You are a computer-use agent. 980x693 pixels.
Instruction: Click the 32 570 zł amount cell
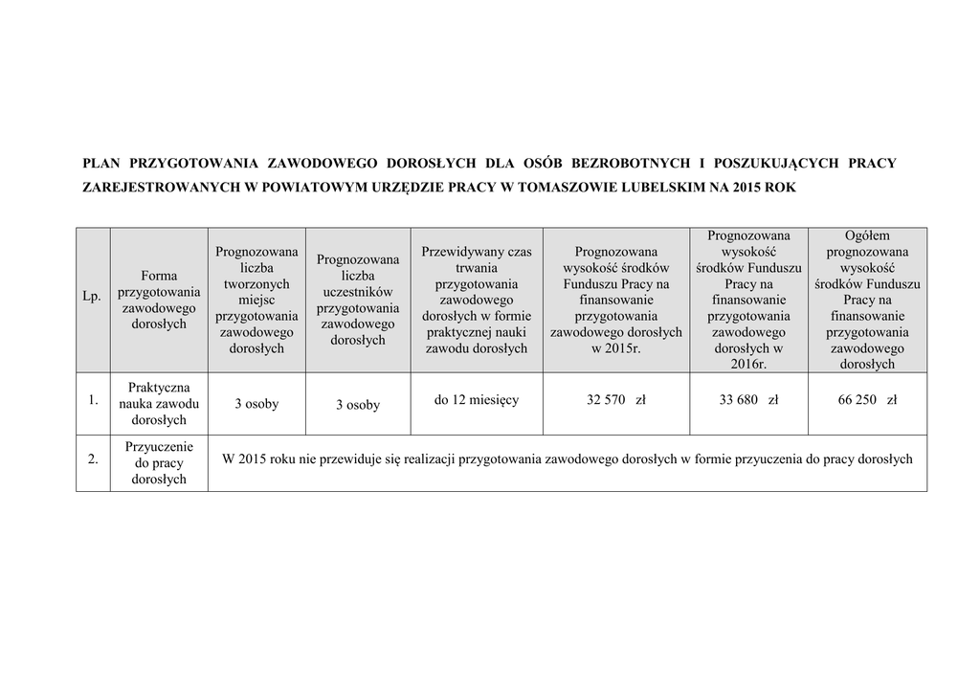615,400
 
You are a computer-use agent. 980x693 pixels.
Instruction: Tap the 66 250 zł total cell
867,400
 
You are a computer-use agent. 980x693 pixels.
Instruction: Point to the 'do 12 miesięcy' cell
477,400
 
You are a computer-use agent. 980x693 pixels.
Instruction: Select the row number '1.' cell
93,401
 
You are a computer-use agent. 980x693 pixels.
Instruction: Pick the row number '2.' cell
93,459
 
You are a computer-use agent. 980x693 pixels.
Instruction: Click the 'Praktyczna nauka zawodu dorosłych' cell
159,404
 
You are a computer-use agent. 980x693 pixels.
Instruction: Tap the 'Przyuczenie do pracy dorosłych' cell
159,462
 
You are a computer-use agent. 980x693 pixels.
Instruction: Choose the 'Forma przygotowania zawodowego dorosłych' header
159,300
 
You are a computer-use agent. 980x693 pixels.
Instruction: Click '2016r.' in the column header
748,364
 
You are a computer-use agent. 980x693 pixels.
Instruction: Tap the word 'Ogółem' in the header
867,235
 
